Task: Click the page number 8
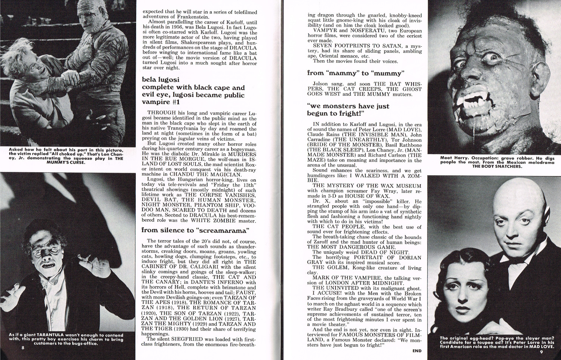tap(23, 348)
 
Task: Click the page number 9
tap(541, 351)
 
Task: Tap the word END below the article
tap(417, 351)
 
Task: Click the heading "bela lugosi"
tap(160, 79)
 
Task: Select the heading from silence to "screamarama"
tap(195, 230)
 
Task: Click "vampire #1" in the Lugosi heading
tap(156, 102)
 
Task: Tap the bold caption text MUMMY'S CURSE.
tap(66, 162)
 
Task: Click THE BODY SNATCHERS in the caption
tap(497, 166)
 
